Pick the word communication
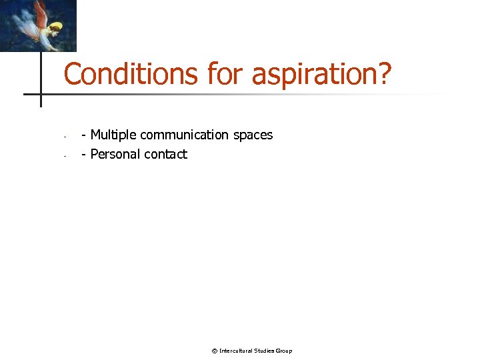coord(183,135)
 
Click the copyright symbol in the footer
coord(214,351)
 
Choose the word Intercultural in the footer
coord(236,351)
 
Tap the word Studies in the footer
coord(265,351)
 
